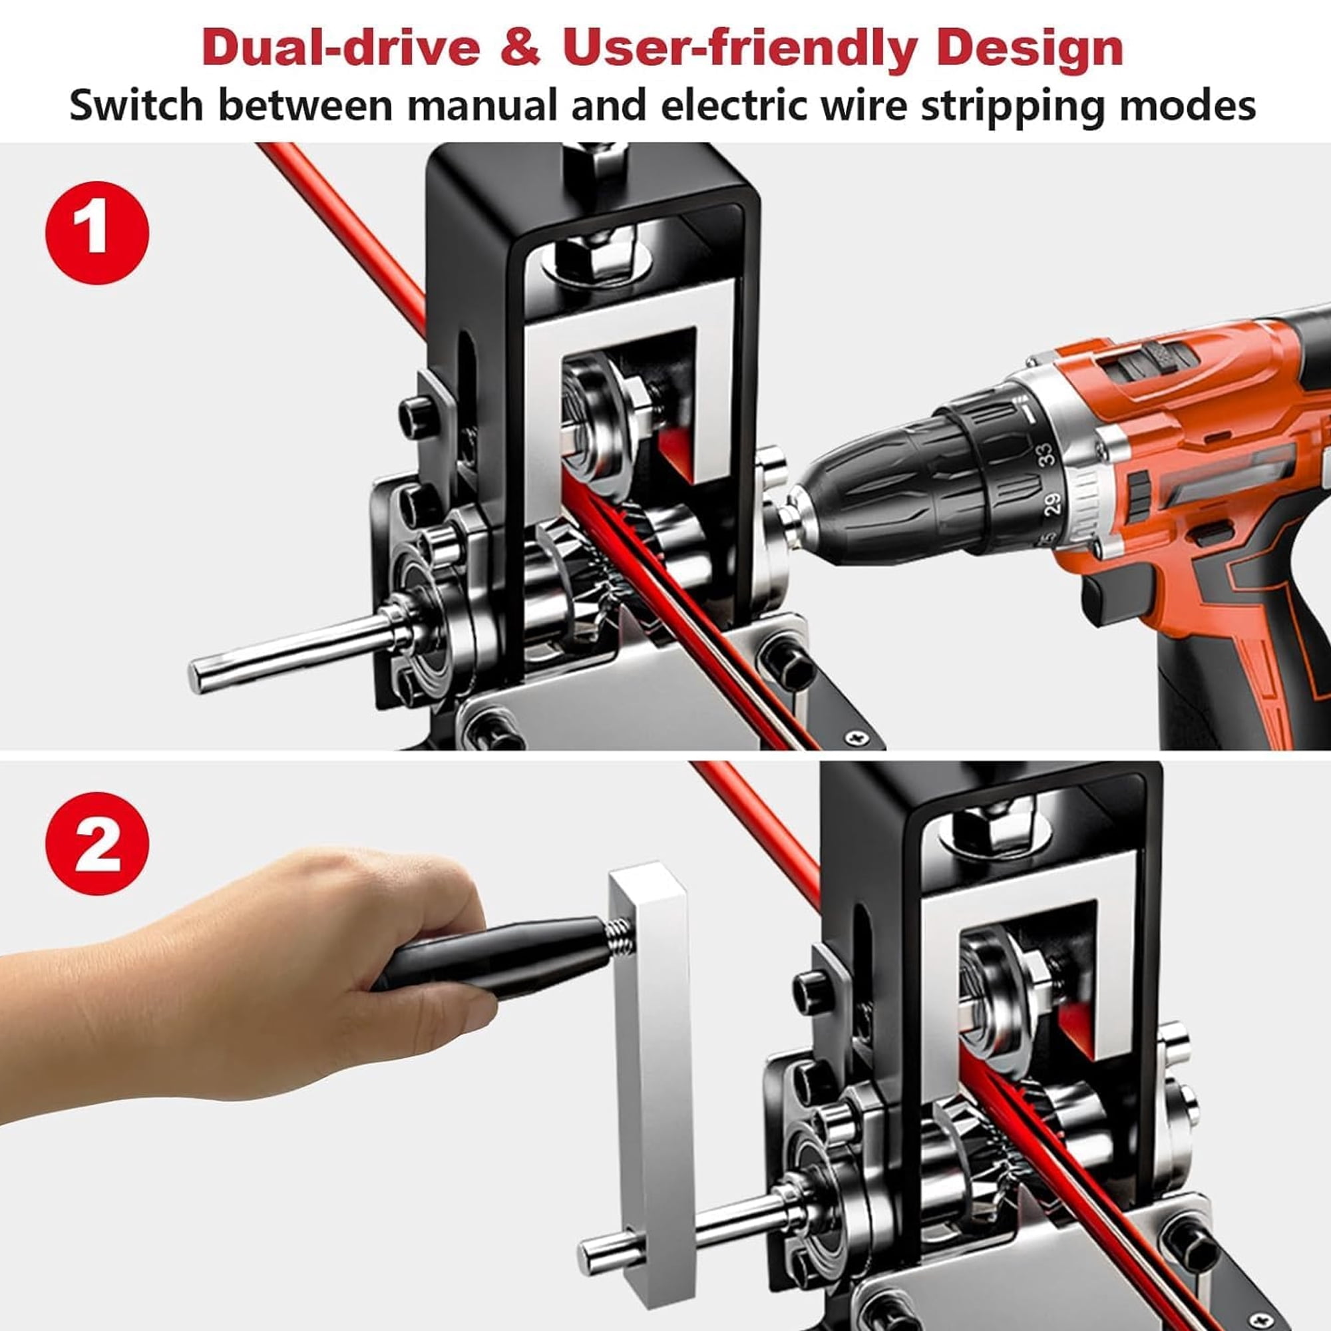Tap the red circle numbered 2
(96, 845)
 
